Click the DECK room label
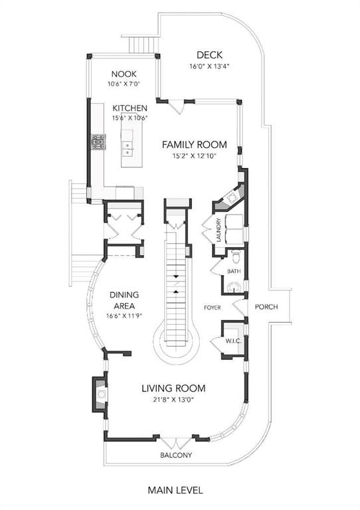pos(209,54)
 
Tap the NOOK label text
pos(124,74)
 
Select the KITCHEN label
pos(130,108)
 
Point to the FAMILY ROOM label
pos(195,144)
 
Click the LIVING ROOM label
pos(173,388)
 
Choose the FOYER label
pos(213,307)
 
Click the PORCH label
pos(266,307)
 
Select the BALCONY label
pos(176,455)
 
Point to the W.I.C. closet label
pos(233,341)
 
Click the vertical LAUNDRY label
pos(219,230)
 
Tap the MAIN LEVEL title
pos(175,490)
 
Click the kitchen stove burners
pos(98,142)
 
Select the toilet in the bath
pos(236,256)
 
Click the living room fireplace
pos(100,394)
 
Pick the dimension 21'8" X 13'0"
pos(173,400)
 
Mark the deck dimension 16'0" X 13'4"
pos(209,66)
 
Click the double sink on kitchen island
pos(127,148)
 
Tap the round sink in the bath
pos(234,287)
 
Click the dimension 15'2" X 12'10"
pos(195,156)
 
